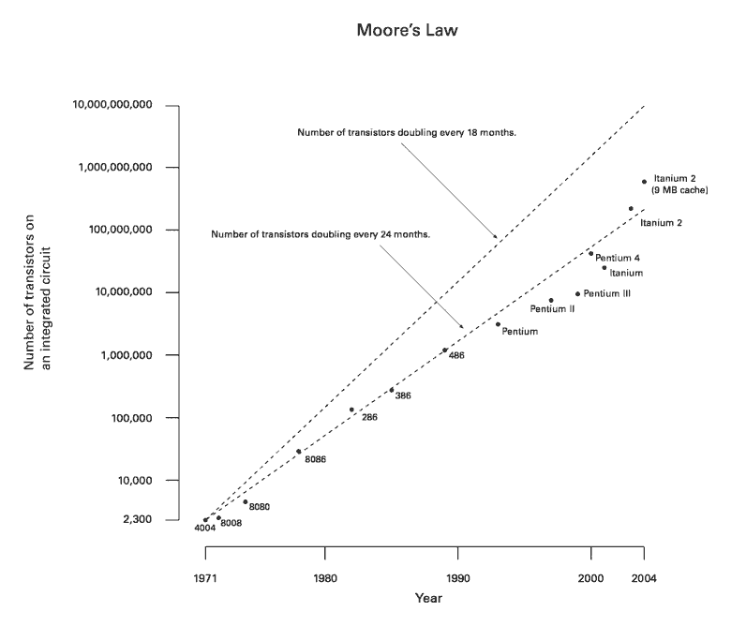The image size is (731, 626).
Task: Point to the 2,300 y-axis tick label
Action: tap(159, 519)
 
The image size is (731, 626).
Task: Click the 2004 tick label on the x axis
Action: tap(644, 577)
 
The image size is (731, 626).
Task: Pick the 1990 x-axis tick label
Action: tap(457, 577)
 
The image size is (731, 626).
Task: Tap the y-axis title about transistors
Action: tap(39, 308)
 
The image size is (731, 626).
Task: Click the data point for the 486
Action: tap(445, 350)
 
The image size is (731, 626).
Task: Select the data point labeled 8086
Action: tap(299, 452)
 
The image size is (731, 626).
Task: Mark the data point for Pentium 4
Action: tap(590, 253)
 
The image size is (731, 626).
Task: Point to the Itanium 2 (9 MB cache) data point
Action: tap(644, 182)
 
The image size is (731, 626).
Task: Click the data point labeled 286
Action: tap(352, 410)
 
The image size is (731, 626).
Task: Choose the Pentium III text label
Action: tap(606, 293)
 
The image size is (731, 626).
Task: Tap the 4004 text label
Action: tap(205, 528)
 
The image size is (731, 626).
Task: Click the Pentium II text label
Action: tap(552, 308)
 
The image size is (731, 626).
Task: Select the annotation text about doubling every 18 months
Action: tap(408, 133)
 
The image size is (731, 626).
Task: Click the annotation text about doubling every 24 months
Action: tap(321, 233)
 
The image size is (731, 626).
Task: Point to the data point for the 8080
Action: tap(246, 501)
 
